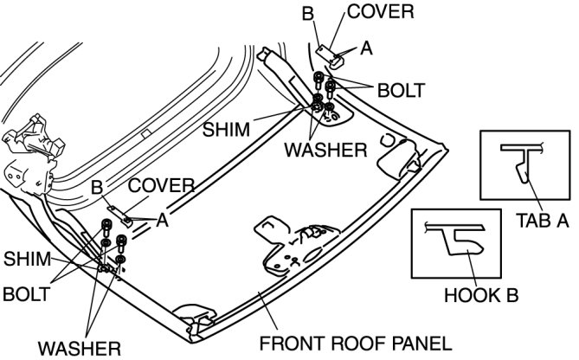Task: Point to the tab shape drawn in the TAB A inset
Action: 521,164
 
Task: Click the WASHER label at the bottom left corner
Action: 79,348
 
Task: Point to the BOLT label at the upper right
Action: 401,89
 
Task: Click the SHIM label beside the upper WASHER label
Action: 227,129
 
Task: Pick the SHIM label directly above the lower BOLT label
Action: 27,259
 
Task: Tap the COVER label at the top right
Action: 380,13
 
